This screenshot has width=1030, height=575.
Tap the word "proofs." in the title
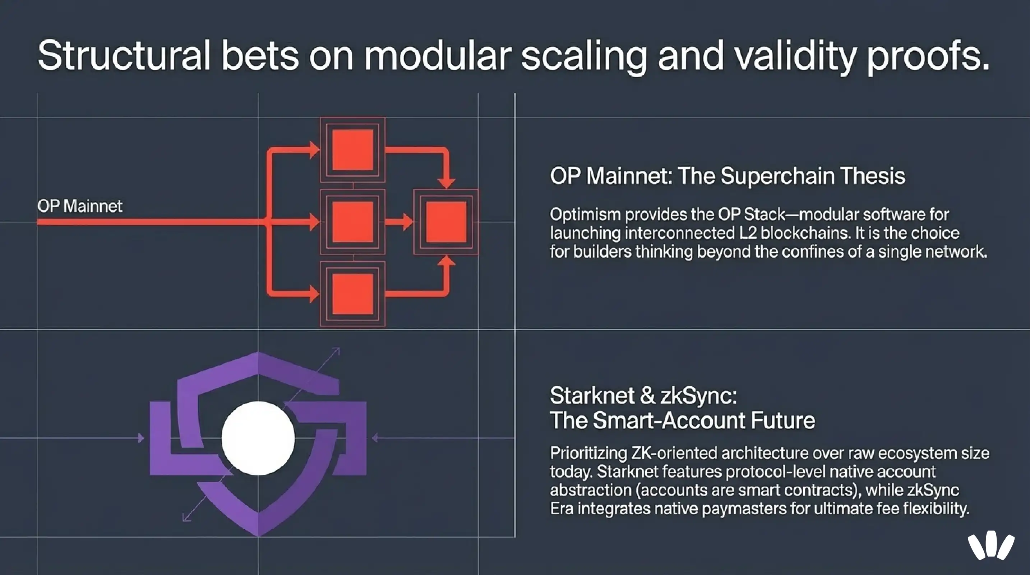click(x=928, y=56)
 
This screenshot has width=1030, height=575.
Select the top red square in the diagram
click(x=353, y=150)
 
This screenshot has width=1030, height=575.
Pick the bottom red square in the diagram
click(x=353, y=294)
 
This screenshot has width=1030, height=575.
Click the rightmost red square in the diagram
click(x=446, y=222)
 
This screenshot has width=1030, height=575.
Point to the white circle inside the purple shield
click(x=258, y=438)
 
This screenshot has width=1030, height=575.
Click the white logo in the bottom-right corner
click(x=991, y=546)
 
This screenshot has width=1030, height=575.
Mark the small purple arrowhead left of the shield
click(x=141, y=438)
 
